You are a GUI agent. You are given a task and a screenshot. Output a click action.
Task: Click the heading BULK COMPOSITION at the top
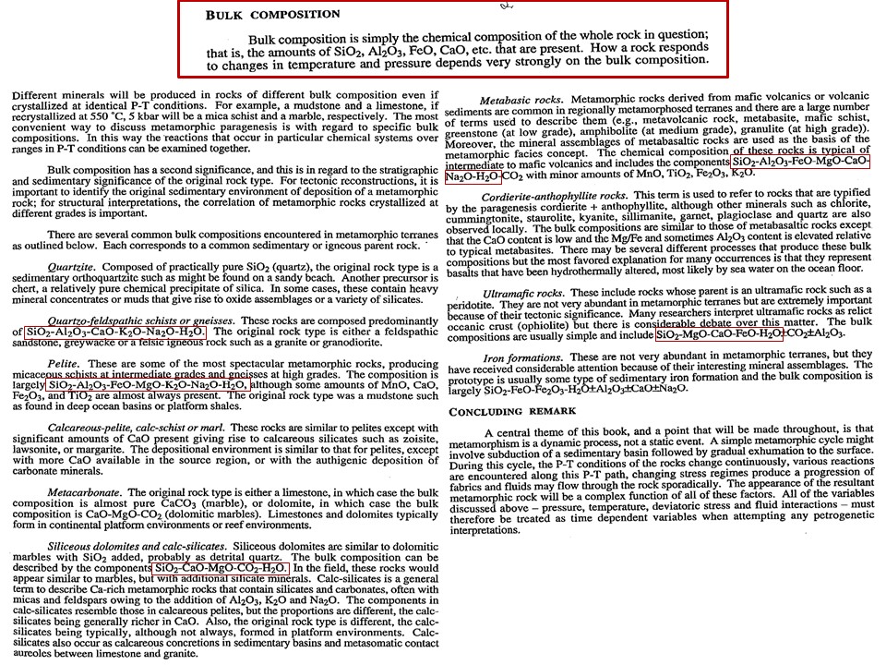pos(272,16)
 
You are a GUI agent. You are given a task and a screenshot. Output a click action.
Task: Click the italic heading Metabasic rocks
pos(523,99)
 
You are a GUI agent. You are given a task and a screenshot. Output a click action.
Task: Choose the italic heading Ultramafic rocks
pos(523,294)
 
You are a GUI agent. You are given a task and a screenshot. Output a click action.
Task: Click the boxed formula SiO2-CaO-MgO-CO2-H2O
pos(221,567)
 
